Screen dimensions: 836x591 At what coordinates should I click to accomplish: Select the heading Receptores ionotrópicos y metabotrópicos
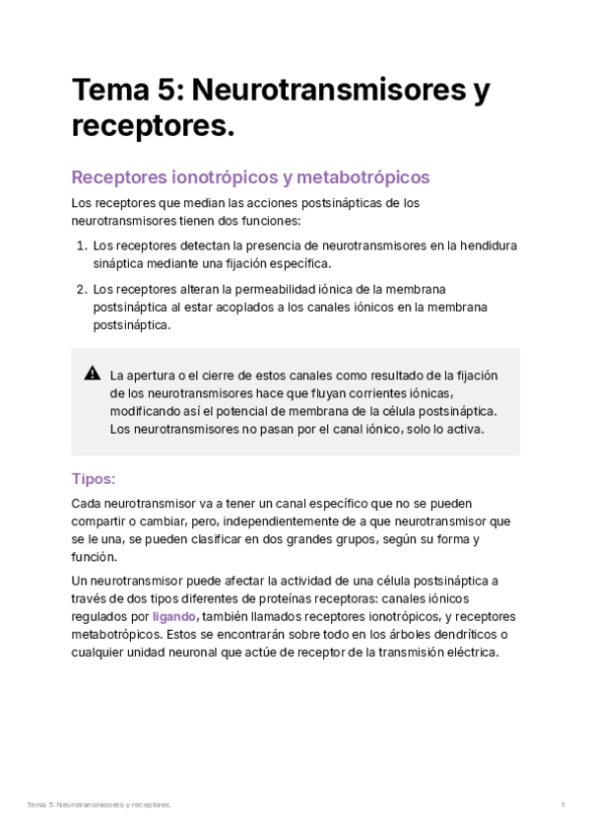251,177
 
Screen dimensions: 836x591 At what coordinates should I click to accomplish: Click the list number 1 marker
82,245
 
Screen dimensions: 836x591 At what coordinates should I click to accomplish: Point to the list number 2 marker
82,289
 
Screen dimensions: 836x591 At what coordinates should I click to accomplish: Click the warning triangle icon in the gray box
93,374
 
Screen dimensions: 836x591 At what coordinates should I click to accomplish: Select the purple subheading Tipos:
94,479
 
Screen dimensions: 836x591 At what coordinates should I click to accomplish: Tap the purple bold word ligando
174,616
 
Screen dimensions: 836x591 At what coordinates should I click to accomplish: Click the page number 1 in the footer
562,805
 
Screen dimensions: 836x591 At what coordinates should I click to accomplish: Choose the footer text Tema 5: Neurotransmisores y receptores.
99,805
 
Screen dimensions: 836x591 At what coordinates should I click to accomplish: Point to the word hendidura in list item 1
486,245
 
